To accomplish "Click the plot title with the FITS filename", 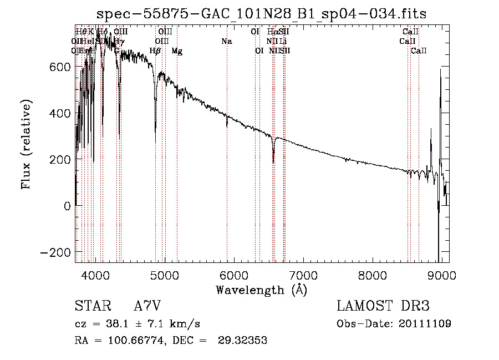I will click(x=261, y=14).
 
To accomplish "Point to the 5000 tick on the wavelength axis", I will click(x=165, y=275).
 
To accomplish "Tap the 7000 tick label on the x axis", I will click(x=303, y=275).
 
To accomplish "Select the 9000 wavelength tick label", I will click(x=442, y=275).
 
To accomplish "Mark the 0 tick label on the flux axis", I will click(x=67, y=206).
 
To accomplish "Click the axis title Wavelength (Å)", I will click(x=261, y=290).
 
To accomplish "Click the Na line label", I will click(x=226, y=42).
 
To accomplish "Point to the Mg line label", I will click(x=177, y=51).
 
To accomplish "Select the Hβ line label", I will click(x=155, y=51).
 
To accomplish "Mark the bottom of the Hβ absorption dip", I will click(x=155, y=131).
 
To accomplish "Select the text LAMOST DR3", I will click(x=383, y=307).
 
